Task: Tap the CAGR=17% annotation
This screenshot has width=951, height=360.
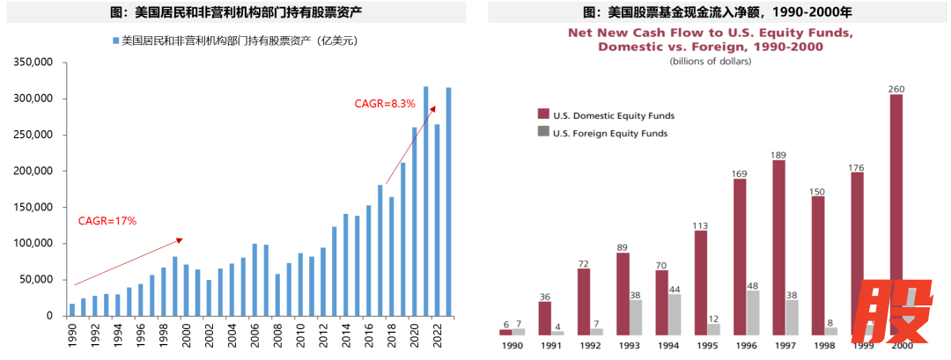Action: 107,221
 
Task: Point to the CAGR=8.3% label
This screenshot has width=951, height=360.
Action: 385,103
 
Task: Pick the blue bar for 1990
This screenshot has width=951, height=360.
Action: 72,309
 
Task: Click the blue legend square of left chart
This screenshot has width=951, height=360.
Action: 114,40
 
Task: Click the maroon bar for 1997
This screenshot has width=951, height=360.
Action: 778,247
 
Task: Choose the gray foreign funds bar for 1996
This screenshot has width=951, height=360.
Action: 753,312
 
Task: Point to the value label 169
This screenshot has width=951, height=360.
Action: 740,173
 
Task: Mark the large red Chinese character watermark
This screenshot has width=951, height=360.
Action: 894,313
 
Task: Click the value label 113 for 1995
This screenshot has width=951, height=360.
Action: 701,224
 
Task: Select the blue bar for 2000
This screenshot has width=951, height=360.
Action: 187,290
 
